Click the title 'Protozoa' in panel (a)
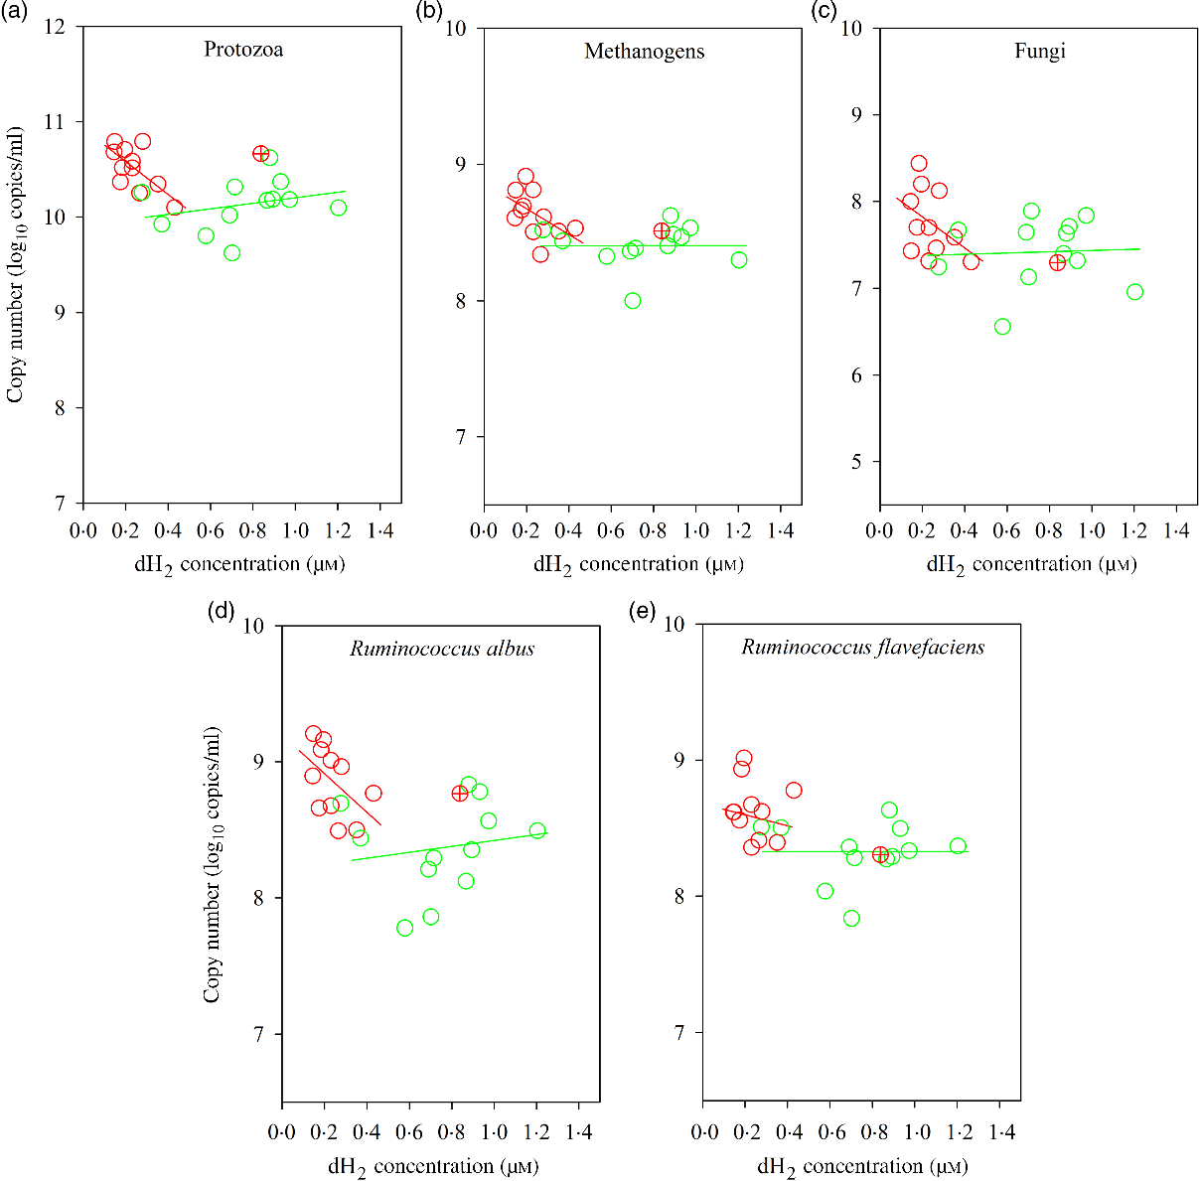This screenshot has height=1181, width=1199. (x=243, y=49)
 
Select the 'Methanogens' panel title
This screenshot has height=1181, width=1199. (x=644, y=51)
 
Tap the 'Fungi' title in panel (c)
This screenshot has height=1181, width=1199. (x=1040, y=51)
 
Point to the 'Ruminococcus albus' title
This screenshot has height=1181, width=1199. (x=442, y=649)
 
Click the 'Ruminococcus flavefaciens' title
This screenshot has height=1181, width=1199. (x=863, y=648)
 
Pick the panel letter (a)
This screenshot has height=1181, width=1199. (x=16, y=12)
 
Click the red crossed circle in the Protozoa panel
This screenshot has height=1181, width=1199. (x=261, y=153)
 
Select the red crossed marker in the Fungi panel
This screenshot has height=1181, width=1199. (x=1057, y=262)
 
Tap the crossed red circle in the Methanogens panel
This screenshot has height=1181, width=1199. (x=662, y=230)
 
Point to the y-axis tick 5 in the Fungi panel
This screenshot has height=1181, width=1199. (x=856, y=462)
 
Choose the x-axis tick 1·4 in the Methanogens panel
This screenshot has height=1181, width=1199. (x=779, y=530)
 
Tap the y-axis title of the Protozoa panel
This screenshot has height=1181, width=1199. (x=15, y=265)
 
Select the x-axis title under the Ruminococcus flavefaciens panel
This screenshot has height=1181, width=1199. (x=862, y=1166)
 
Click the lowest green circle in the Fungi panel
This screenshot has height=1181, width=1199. (x=1002, y=327)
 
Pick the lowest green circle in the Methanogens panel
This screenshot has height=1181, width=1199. (x=633, y=301)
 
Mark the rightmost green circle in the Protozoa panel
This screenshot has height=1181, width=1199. (x=338, y=208)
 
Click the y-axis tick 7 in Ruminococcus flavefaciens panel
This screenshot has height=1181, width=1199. (x=679, y=1033)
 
